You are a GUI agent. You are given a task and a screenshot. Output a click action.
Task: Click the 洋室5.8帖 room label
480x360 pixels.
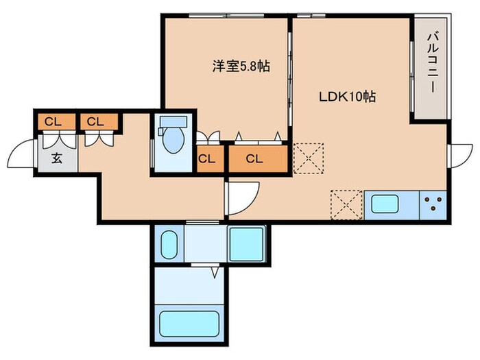point(240,67)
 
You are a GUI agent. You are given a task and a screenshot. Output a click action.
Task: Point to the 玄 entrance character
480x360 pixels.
point(56,158)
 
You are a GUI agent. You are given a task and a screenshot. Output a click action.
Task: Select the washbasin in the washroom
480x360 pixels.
point(169,243)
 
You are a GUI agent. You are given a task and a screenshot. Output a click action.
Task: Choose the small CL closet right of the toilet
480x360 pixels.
point(207,159)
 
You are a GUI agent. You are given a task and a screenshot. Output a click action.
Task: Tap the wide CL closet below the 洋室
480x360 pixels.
point(254,159)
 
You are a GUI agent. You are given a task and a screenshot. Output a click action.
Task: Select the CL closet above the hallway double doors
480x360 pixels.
point(95,122)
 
